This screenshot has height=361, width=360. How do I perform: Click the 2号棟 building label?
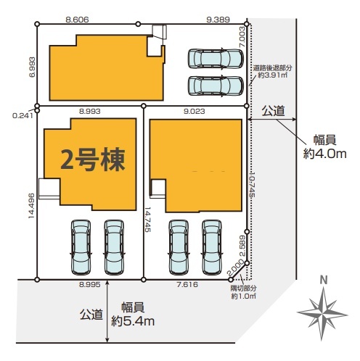[x=93, y=159]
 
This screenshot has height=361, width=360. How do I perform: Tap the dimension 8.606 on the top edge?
[x=77, y=20]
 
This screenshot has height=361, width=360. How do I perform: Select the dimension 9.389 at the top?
[x=218, y=20]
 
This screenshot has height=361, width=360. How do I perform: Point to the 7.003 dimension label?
[x=242, y=37]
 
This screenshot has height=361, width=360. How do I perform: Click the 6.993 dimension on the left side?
[x=32, y=67]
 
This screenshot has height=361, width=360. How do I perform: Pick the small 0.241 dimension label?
[x=22, y=116]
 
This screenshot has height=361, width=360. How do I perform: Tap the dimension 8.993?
[x=90, y=111]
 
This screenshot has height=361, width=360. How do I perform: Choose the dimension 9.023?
[x=194, y=111]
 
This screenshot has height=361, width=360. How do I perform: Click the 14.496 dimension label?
[x=32, y=206]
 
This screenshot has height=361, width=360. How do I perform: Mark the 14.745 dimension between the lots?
[x=147, y=220]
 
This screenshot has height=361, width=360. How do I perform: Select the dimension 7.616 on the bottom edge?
[x=187, y=285]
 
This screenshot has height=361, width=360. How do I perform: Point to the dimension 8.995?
[x=90, y=285]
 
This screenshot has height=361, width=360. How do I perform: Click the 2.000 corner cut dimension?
[x=235, y=267]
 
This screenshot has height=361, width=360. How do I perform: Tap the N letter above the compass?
[x=324, y=281]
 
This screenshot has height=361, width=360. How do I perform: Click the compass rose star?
[x=322, y=314]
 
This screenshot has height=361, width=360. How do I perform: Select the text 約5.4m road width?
[x=133, y=321]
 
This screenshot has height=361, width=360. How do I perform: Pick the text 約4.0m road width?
[x=324, y=154]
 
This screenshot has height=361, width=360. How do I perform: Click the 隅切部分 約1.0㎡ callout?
[x=243, y=292]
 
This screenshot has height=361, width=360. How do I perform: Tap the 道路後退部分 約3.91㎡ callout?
[x=272, y=72]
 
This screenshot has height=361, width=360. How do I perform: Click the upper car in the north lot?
[x=216, y=59]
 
